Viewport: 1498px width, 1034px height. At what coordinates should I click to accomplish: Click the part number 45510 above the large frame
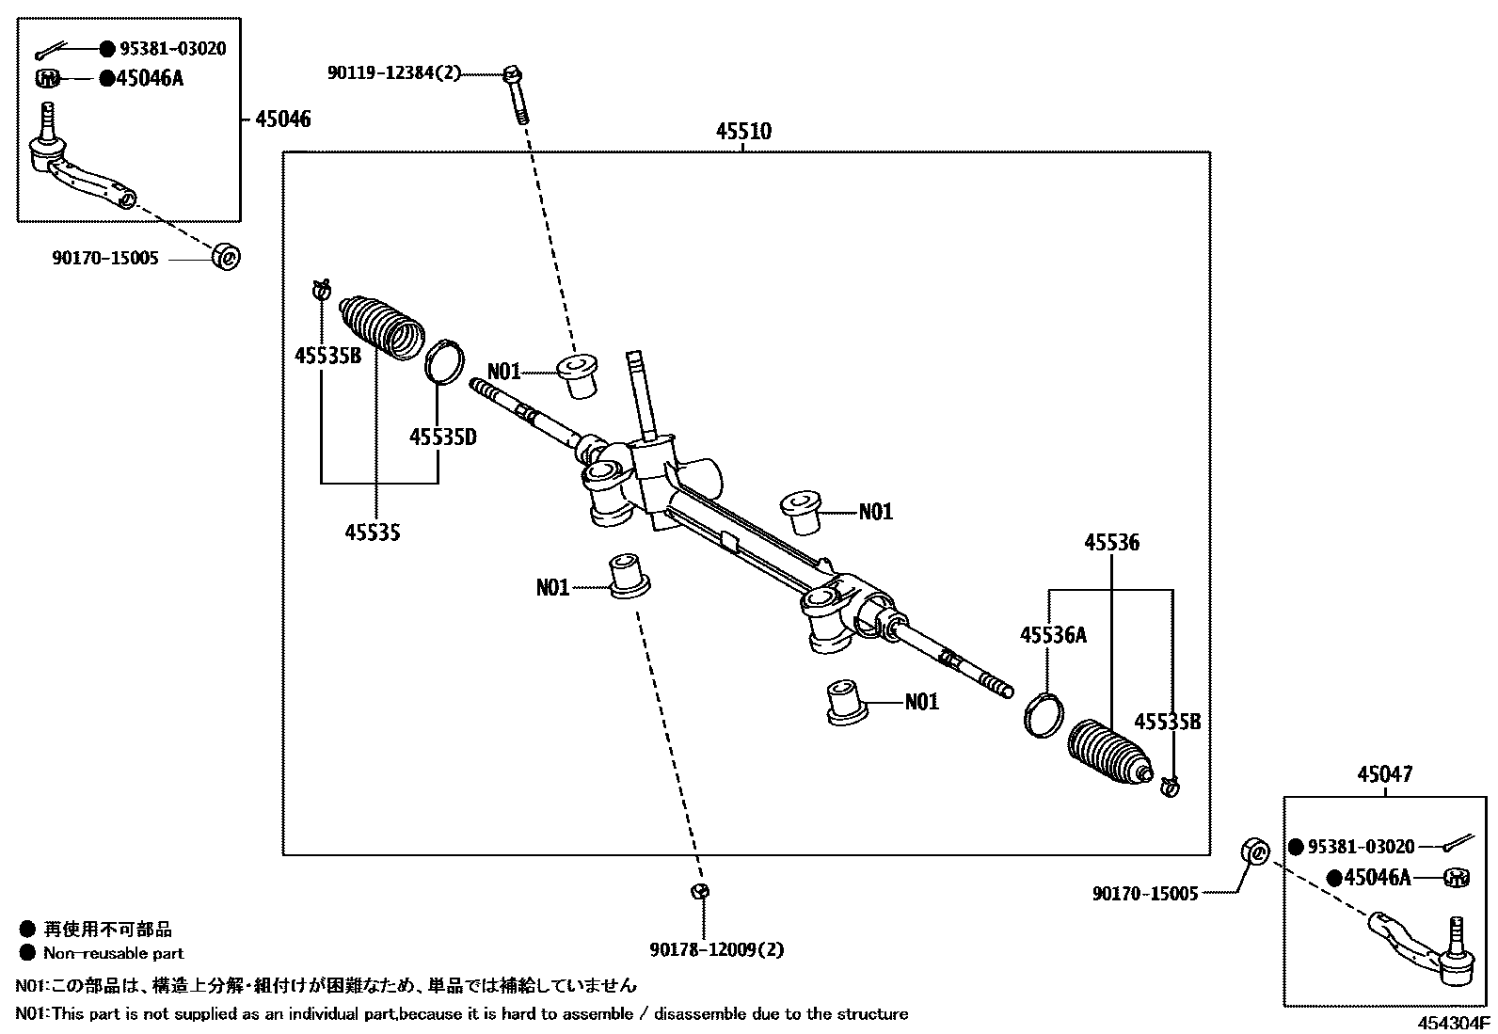tap(742, 132)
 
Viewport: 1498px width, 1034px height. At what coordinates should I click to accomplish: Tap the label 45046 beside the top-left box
tap(282, 119)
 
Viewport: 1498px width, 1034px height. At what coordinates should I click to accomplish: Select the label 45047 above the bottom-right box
tap(1384, 775)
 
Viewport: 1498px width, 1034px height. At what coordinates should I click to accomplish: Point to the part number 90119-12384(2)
tap(394, 72)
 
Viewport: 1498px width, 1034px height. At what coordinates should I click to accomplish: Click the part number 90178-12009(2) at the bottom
tap(716, 949)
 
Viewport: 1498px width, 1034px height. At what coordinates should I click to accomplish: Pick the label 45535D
tap(442, 437)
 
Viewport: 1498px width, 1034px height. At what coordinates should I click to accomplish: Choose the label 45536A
tap(1053, 635)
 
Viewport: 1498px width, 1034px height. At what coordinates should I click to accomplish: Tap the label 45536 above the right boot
tap(1111, 542)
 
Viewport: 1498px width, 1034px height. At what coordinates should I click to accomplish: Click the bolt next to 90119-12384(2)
tap(516, 94)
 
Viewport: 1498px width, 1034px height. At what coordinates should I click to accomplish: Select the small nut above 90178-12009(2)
tap(700, 891)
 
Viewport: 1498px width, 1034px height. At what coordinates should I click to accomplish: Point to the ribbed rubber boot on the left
tap(381, 326)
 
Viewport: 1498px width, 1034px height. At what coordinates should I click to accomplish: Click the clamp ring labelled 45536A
tap(1043, 714)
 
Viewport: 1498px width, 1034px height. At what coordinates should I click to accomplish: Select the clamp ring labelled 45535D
tap(444, 362)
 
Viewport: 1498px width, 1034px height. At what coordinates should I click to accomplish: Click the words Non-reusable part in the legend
tap(114, 953)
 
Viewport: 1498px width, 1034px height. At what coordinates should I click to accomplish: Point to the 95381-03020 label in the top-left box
tap(171, 49)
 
